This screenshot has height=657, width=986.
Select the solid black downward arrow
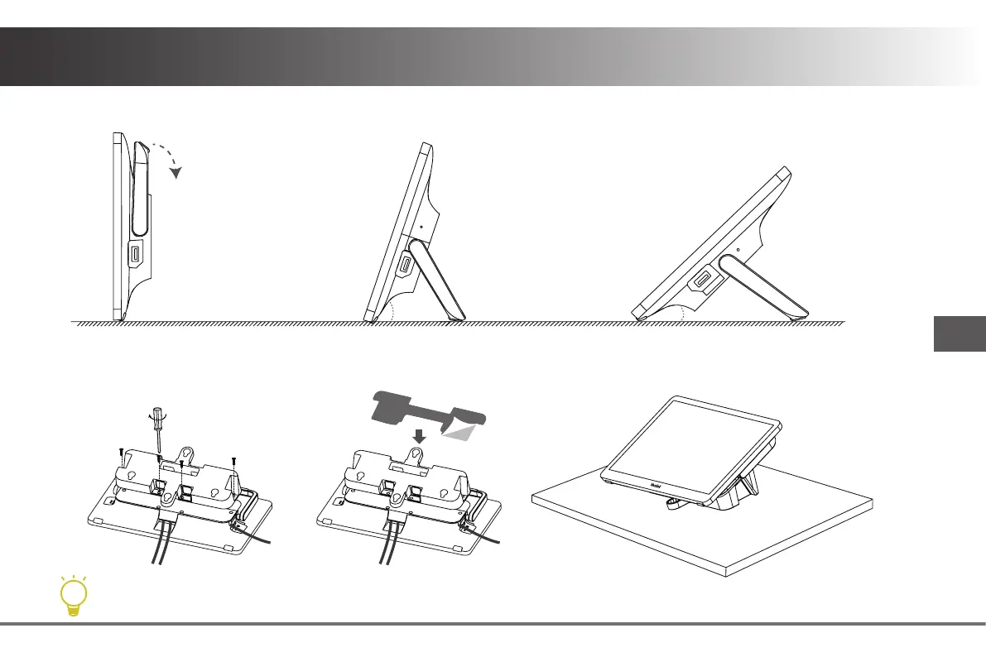[x=420, y=435]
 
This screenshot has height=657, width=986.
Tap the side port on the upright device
[x=136, y=257]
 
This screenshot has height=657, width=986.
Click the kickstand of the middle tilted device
[x=440, y=278]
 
